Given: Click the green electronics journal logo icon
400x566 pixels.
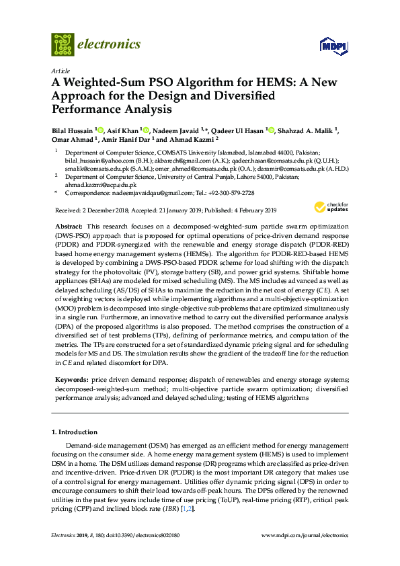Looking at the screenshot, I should (x=63, y=44).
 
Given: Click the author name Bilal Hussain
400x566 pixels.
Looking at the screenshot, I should (x=72, y=130).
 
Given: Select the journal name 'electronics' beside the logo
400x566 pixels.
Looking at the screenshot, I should (x=110, y=44).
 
